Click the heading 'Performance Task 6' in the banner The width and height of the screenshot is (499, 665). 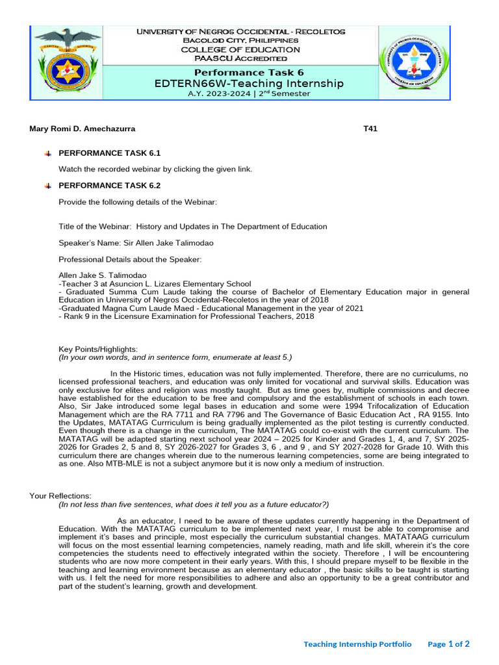[249, 72]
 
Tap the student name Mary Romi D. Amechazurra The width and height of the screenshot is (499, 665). [83, 129]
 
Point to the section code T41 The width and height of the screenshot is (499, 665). [370, 129]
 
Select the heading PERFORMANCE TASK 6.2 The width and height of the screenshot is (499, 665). [109, 186]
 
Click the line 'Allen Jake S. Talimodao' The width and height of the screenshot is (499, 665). [103, 275]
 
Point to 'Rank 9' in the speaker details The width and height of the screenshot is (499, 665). [75, 316]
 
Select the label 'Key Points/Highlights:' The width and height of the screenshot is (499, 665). [98, 349]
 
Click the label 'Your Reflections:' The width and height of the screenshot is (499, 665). [60, 496]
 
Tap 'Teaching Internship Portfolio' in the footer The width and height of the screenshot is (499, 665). [357, 644]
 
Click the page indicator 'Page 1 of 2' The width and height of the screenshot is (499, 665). [448, 644]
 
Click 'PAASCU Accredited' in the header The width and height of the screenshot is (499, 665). [240, 58]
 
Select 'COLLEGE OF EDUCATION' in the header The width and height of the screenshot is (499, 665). [240, 49]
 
